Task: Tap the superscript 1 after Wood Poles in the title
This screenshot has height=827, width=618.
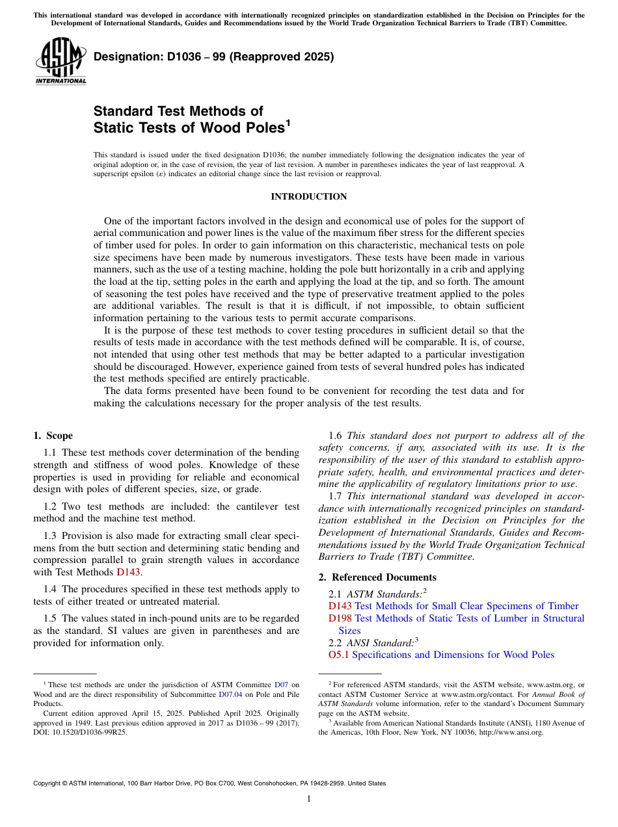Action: click(288, 122)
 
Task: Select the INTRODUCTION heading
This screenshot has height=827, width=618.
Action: click(308, 196)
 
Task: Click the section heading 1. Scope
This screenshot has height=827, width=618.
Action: click(53, 436)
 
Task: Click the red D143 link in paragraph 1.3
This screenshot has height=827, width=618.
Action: click(128, 572)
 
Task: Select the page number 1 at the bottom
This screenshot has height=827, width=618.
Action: click(309, 799)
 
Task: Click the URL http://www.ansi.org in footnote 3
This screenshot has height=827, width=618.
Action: click(511, 732)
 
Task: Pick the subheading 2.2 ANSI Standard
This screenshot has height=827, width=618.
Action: click(371, 643)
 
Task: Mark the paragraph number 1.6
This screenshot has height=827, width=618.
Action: click(336, 436)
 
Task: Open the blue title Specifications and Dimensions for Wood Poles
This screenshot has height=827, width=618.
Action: click(453, 655)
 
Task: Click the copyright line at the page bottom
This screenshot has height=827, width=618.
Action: click(209, 783)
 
